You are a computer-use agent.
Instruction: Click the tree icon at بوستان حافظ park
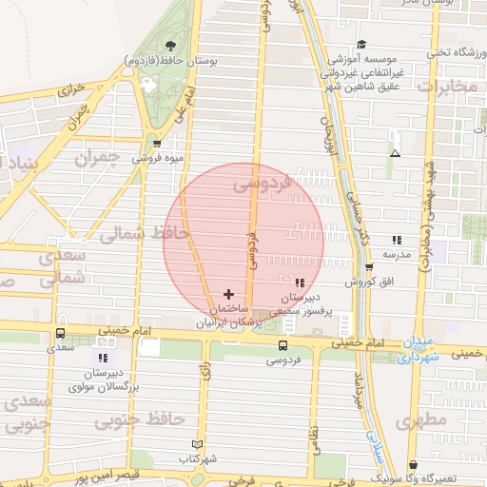tap(171, 45)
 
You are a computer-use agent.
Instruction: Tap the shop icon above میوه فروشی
tap(156, 144)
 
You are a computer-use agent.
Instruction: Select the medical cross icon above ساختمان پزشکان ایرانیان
tap(227, 294)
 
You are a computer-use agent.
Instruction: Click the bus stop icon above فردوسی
tap(282, 345)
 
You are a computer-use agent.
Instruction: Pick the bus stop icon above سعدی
tap(61, 334)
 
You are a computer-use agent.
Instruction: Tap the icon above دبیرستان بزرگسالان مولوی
tap(101, 358)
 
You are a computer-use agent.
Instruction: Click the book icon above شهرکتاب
tap(197, 444)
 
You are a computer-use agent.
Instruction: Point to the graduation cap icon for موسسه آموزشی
tap(361, 44)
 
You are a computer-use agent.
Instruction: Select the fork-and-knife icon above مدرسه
tap(396, 241)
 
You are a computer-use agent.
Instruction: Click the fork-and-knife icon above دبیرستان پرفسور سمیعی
tap(301, 282)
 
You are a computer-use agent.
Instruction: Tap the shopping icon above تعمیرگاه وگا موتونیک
tap(413, 465)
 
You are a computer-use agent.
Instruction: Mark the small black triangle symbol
tap(396, 153)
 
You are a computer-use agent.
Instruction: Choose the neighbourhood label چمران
tap(104, 158)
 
